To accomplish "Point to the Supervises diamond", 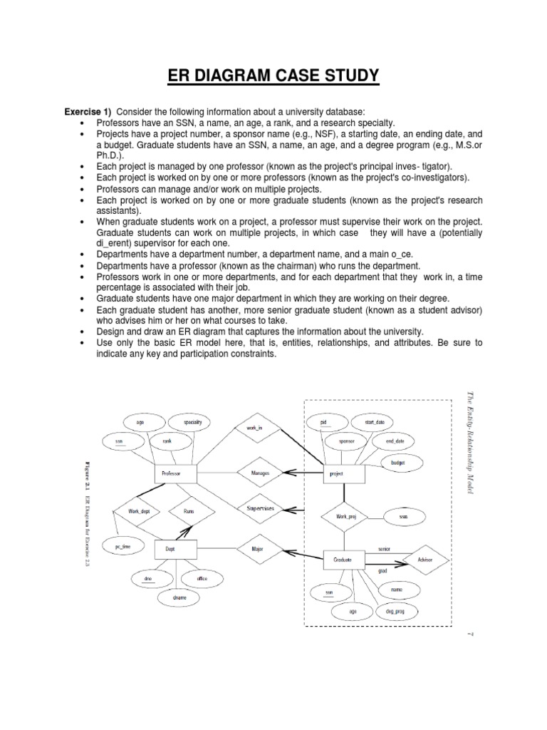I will [259, 508].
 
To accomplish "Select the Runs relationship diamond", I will [188, 511].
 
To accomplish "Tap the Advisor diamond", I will [425, 560].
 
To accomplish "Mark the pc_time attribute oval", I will [123, 547].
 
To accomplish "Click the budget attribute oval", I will [397, 463].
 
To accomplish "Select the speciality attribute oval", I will [192, 422].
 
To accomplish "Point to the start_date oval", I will [375, 422].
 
